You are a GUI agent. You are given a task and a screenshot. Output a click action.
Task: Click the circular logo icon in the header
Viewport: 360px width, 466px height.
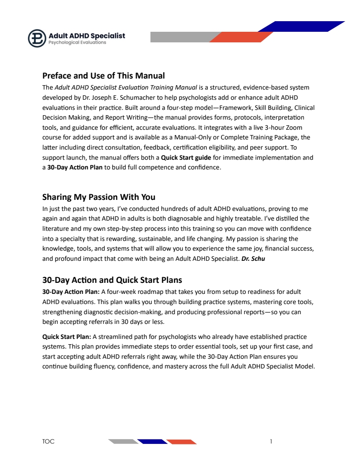37,38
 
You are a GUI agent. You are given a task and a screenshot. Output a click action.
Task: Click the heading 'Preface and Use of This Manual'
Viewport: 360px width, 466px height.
103,75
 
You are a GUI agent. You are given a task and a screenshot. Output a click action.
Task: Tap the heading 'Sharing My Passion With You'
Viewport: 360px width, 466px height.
98,197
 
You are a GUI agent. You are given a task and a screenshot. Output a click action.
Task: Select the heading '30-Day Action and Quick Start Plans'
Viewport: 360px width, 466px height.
112,280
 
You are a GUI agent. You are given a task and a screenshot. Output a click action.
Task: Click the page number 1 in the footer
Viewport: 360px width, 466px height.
271,441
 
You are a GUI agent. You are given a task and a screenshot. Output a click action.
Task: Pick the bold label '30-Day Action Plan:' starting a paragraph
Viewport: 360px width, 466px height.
71,292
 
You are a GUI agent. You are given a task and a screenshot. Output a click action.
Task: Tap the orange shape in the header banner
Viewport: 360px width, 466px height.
241,37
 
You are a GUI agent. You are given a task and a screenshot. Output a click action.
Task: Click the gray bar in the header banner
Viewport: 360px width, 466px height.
181,37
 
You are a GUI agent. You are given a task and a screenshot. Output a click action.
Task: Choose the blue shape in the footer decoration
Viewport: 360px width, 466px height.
152,441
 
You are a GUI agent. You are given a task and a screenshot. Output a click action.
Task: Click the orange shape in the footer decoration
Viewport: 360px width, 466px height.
181,441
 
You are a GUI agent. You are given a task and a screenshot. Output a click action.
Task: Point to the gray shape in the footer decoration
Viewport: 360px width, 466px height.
123,441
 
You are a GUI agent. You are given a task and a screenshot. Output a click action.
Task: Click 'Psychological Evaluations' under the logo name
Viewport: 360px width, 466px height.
77,43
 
